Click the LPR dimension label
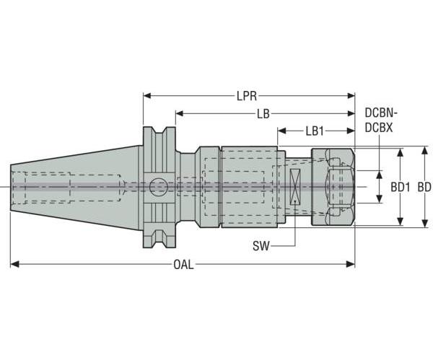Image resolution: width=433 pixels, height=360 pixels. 248,95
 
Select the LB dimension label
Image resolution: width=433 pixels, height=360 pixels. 263,114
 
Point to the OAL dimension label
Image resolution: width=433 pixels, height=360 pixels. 183,265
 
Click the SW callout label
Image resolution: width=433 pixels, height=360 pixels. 261,245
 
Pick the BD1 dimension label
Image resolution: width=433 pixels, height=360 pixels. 401,187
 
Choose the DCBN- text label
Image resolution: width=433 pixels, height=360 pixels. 382,113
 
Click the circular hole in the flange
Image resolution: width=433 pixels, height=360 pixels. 158,188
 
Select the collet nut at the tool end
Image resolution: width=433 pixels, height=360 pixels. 333,188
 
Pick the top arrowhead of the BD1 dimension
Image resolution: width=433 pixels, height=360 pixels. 401,152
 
